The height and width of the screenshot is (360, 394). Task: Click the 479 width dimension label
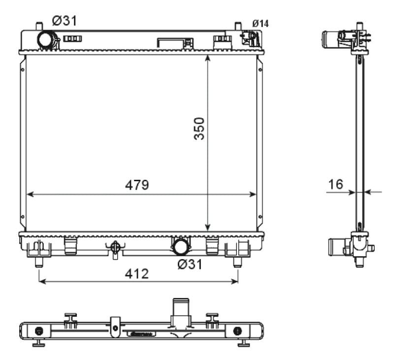pos(137,185)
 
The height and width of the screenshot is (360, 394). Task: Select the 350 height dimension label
pos(199,129)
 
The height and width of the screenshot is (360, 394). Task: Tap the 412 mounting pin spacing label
pos(137,274)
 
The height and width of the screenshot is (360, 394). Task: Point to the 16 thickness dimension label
pos(336,184)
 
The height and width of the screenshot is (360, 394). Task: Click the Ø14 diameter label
pos(261,24)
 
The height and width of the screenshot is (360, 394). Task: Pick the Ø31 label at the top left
pos(65,21)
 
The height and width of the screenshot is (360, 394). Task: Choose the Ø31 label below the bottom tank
pos(190,264)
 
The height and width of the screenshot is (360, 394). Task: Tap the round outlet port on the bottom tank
pos(181,247)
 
